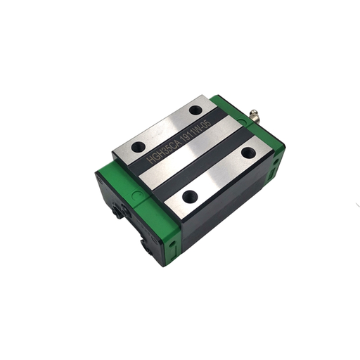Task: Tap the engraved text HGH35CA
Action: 163,153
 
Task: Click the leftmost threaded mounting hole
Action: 139,147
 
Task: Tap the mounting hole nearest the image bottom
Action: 188,197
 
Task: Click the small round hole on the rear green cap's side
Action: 276,162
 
